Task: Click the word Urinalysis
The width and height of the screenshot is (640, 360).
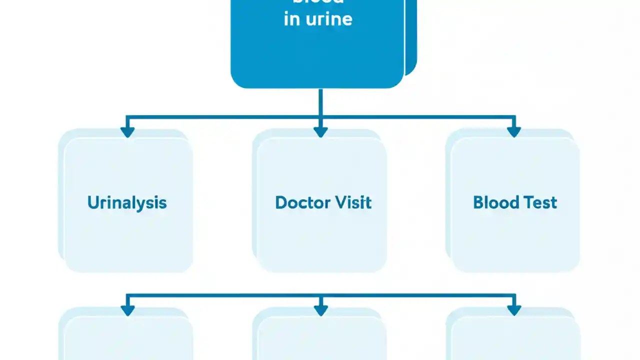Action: click(x=127, y=202)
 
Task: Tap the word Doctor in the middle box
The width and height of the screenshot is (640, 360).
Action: click(x=302, y=202)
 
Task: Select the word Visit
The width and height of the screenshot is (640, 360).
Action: click(x=353, y=202)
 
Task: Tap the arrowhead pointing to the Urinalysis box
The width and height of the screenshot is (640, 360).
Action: click(x=127, y=131)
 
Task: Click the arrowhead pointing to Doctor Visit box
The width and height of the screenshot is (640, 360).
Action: click(x=320, y=131)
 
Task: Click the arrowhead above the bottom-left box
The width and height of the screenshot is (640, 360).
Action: click(x=127, y=310)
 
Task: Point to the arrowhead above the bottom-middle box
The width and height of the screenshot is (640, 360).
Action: click(x=320, y=310)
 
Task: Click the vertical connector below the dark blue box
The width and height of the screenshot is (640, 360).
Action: click(x=320, y=102)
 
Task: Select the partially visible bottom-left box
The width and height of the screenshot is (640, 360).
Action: click(x=127, y=340)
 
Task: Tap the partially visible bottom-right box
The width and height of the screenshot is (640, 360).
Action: click(x=515, y=340)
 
